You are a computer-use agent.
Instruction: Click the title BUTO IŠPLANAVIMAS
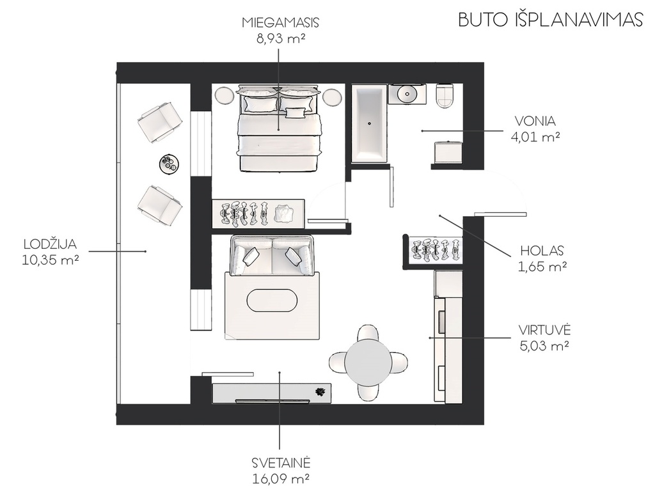tap(550, 20)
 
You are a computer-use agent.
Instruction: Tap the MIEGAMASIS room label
tap(280, 22)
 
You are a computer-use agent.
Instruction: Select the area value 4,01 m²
tap(535, 137)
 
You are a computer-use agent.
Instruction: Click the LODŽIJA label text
tap(51, 244)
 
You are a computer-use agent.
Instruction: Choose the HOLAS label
tap(542, 251)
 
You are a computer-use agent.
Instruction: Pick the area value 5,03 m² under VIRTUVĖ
tap(545, 345)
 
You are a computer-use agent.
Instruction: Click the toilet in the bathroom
tap(446, 95)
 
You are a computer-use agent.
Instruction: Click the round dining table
tap(369, 362)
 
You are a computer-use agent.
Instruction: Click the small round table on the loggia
tap(170, 163)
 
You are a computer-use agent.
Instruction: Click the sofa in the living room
tap(272, 256)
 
